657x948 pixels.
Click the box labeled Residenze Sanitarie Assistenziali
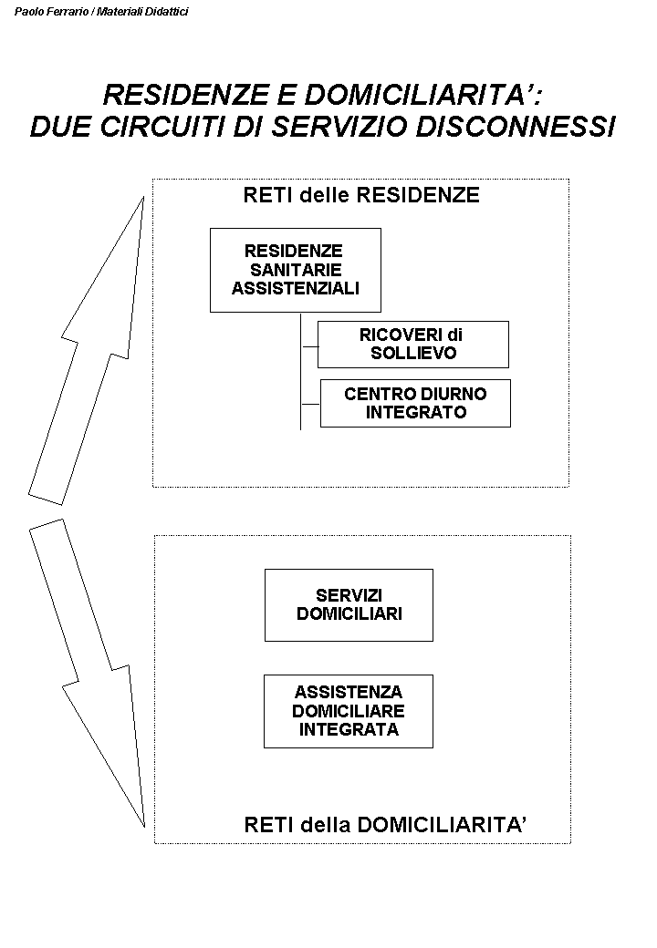click(x=295, y=270)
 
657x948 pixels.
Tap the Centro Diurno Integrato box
click(x=415, y=403)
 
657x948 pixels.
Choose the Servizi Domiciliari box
click(x=349, y=604)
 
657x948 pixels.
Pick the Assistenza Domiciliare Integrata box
click(x=349, y=711)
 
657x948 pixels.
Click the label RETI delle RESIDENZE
click(x=361, y=195)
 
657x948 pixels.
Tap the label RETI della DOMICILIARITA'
click(x=386, y=825)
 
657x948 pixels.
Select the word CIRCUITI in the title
click(x=162, y=126)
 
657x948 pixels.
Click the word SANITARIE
click(x=295, y=270)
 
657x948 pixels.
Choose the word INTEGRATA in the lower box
click(x=349, y=729)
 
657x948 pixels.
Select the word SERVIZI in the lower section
click(x=349, y=595)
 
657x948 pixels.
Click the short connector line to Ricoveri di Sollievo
click(x=309, y=345)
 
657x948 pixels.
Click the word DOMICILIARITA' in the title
click(x=442, y=95)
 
